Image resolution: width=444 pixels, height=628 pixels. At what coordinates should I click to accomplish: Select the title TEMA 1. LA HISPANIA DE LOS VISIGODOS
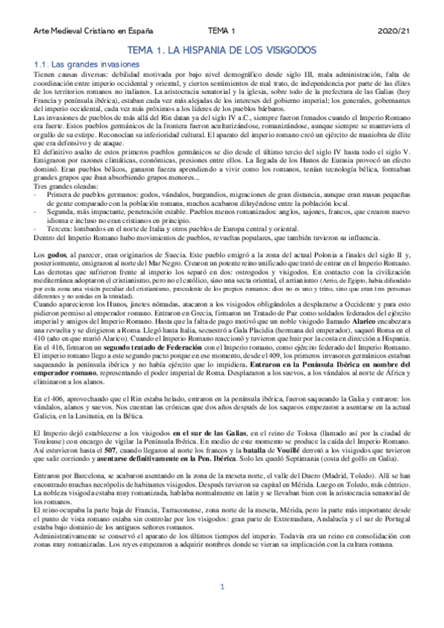(x=222, y=50)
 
